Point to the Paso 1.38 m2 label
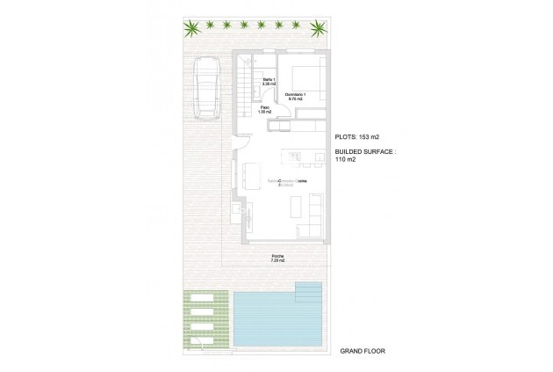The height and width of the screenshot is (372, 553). tap(264, 110)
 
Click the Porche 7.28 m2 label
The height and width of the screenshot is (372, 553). tap(277, 259)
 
